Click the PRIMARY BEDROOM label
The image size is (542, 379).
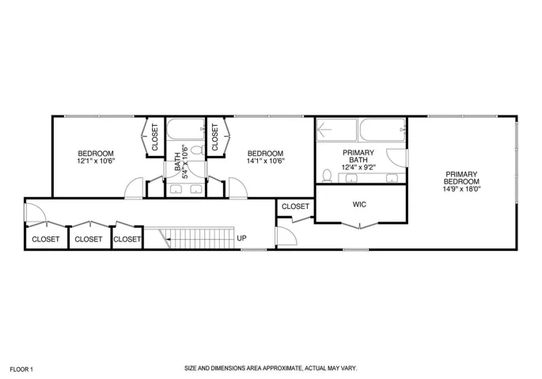(461, 178)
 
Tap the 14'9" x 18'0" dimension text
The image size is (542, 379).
(462, 189)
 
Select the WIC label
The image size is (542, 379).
(359, 204)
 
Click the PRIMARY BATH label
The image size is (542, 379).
(358, 156)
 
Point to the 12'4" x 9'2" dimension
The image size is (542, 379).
(358, 168)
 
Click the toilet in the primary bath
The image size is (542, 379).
(327, 176)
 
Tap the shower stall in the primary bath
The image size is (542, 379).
(336, 130)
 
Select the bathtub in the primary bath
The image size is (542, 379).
(382, 130)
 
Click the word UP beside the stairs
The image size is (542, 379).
(241, 238)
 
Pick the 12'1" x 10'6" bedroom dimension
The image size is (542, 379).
(96, 161)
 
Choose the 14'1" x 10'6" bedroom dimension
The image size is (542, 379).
(266, 161)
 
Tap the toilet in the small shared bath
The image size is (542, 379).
(198, 150)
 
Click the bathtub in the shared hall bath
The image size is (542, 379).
(186, 129)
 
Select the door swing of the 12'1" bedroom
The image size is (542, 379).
(134, 188)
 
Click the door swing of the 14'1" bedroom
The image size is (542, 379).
(238, 188)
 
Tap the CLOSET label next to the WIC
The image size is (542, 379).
(295, 207)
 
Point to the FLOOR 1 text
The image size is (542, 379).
(21, 370)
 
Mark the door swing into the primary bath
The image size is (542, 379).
(397, 157)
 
